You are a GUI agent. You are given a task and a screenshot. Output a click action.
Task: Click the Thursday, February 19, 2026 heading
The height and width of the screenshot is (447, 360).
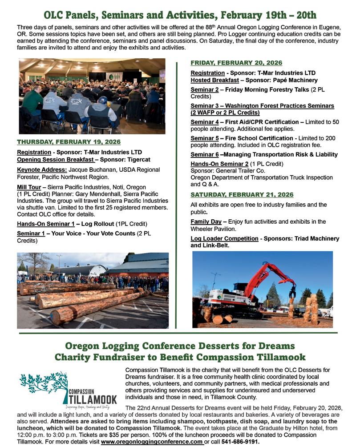tap(69, 142)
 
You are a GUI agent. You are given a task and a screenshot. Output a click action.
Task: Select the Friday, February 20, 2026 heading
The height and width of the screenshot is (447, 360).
tap(236, 63)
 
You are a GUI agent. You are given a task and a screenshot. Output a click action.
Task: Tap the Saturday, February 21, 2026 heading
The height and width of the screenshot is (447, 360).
tap(242, 195)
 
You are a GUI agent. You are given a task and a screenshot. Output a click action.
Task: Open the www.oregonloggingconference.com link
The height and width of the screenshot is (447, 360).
tap(152, 442)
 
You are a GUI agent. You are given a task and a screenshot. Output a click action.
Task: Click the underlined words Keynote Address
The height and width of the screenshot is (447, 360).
tap(42, 170)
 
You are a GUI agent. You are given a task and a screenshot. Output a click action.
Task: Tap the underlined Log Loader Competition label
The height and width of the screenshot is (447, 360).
tap(224, 239)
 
